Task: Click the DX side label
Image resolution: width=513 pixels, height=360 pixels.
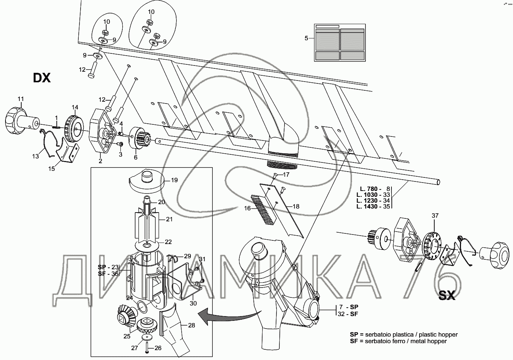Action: pos(41,78)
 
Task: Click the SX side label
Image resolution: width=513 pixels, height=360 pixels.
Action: pos(447,296)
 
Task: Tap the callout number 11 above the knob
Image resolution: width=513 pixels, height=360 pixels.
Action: pos(21,99)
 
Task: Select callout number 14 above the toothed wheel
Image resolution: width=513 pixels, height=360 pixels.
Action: pos(75,108)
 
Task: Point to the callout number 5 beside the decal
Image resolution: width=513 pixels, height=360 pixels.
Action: pos(307,38)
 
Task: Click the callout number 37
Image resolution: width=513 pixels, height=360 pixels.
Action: pos(435,216)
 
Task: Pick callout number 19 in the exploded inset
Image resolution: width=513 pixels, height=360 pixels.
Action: pos(174,180)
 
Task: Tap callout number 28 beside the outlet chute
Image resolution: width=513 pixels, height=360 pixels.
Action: pos(191,325)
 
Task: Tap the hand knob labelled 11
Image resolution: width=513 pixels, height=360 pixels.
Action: pos(20,119)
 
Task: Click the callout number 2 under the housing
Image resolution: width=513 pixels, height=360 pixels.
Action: pos(100,161)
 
